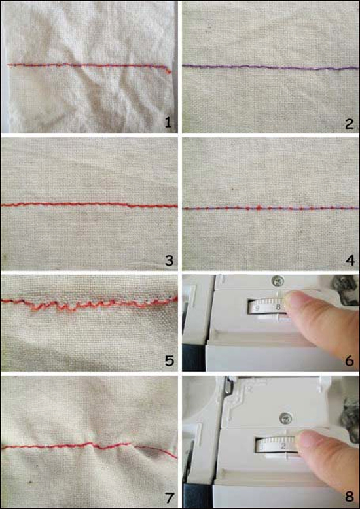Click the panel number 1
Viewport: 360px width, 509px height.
pyautogui.click(x=168, y=124)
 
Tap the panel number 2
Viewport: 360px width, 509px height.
pyautogui.click(x=350, y=124)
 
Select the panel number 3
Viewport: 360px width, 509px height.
pyautogui.click(x=169, y=260)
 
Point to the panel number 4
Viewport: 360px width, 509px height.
pyautogui.click(x=350, y=260)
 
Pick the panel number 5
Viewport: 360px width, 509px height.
pyautogui.click(x=169, y=360)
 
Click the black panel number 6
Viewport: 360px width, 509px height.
pyautogui.click(x=350, y=360)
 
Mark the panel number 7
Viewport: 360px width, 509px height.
pyautogui.click(x=169, y=497)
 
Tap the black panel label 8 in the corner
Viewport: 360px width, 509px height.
pyautogui.click(x=350, y=497)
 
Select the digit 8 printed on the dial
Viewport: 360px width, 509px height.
pyautogui.click(x=278, y=307)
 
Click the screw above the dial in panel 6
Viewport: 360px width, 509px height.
pyautogui.click(x=278, y=279)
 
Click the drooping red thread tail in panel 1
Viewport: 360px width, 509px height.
pyautogui.click(x=168, y=69)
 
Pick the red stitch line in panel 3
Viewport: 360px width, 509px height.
pyautogui.click(x=90, y=205)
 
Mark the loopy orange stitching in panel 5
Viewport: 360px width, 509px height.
pyautogui.click(x=90, y=303)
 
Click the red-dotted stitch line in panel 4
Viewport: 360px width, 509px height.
pyautogui.click(x=271, y=207)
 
